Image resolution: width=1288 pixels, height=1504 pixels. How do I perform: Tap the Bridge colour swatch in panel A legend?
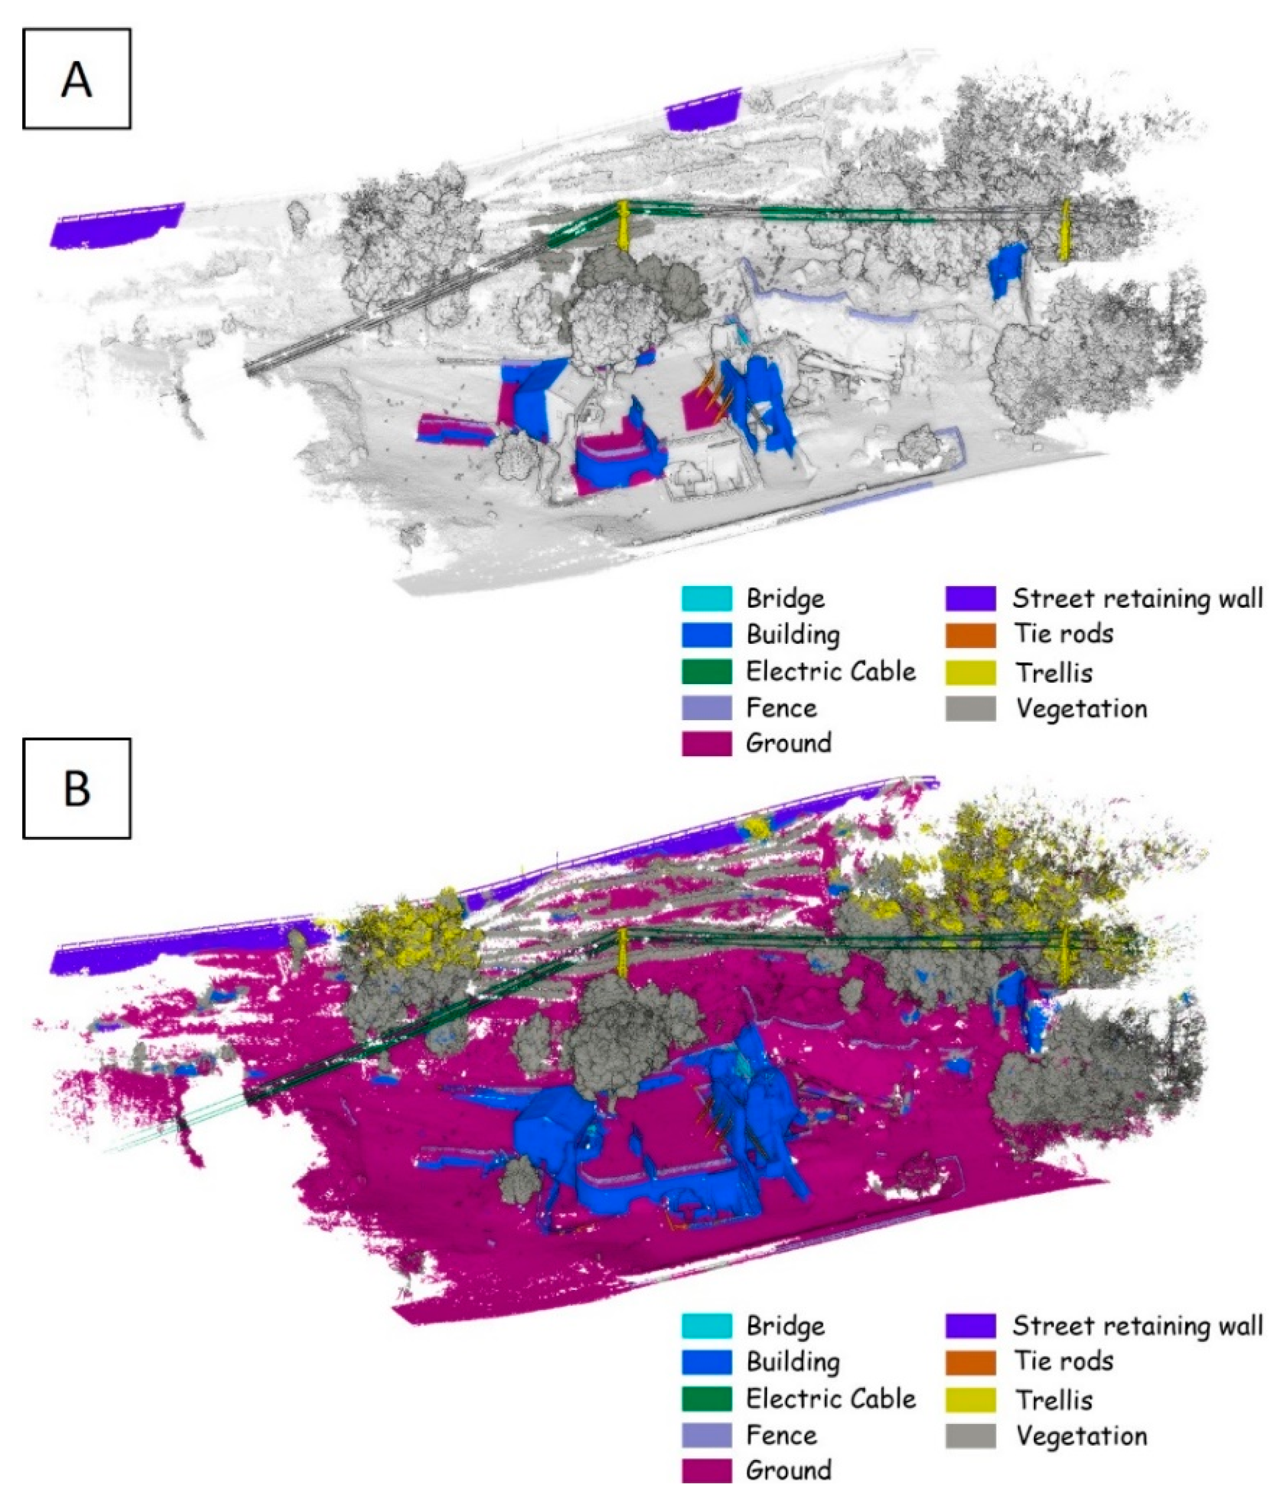(x=706, y=598)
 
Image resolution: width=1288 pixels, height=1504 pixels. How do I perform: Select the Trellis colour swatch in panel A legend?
(x=970, y=672)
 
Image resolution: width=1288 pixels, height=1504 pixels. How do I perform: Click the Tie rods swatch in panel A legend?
(x=970, y=634)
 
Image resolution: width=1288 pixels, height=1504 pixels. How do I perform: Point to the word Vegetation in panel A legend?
(x=1081, y=709)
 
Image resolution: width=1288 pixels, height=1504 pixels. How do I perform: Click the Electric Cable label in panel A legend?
(x=831, y=671)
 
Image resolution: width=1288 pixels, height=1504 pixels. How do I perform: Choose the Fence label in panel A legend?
(x=781, y=708)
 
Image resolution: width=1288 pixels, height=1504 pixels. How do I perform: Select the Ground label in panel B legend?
(x=788, y=1471)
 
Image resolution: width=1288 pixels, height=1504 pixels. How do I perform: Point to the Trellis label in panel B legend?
(x=1054, y=1400)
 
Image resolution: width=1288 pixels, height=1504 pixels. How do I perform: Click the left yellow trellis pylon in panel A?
(x=622, y=226)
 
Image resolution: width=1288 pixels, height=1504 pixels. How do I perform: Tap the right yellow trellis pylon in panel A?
(x=1064, y=230)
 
